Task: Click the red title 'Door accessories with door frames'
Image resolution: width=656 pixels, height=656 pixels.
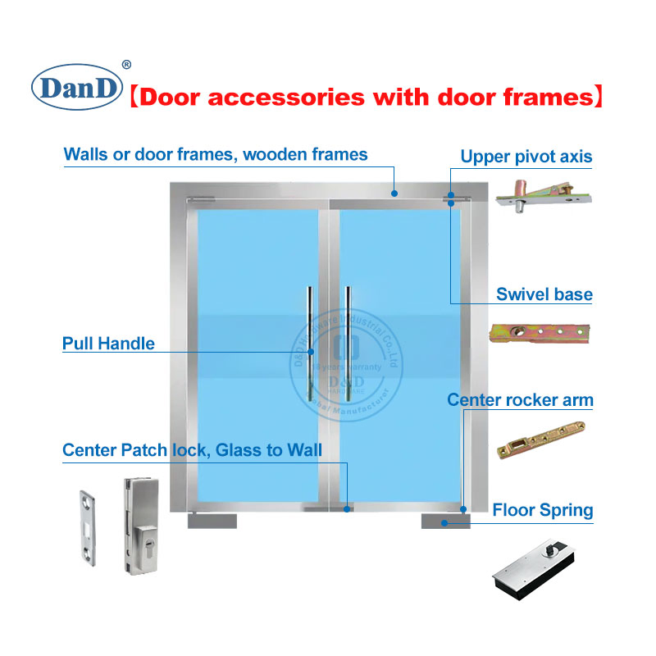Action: pyautogui.click(x=367, y=98)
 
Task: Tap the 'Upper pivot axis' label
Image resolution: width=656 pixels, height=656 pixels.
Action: pyautogui.click(x=526, y=157)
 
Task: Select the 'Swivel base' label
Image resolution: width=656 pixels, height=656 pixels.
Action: pyautogui.click(x=544, y=294)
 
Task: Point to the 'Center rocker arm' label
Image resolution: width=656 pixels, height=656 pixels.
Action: pyautogui.click(x=519, y=400)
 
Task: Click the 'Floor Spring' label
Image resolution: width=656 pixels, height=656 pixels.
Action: pyautogui.click(x=542, y=510)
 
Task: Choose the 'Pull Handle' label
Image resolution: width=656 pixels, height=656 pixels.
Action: pyautogui.click(x=108, y=343)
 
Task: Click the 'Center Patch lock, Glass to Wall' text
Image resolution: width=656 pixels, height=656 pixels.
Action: pyautogui.click(x=192, y=451)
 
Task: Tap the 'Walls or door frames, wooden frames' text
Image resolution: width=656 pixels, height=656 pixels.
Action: pyautogui.click(x=216, y=154)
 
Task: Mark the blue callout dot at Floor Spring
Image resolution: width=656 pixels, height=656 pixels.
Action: pyautogui.click(x=444, y=522)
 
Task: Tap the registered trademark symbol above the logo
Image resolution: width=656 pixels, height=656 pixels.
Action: pyautogui.click(x=126, y=65)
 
